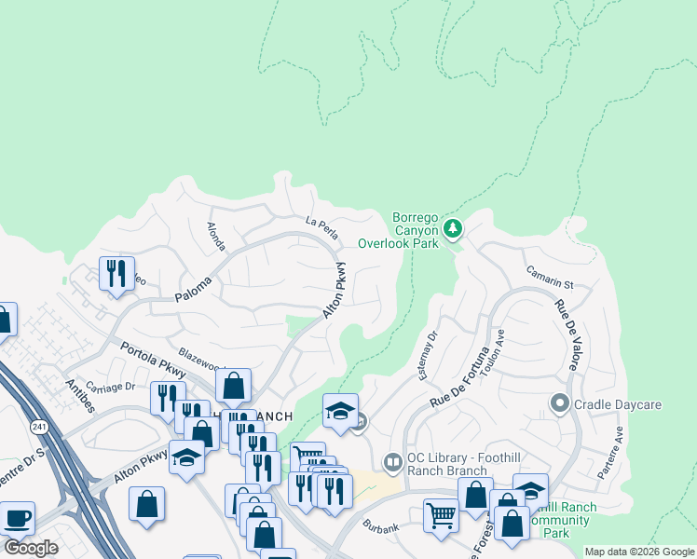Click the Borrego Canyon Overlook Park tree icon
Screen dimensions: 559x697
[452, 228]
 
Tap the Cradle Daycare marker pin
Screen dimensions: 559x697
[559, 403]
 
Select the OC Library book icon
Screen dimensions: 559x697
[393, 462]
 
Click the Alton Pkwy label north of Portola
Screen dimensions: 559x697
[335, 291]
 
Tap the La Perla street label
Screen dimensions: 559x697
[321, 224]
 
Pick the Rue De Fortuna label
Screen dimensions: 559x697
[459, 376]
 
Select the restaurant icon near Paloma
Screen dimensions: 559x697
[116, 273]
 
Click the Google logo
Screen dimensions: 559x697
[31, 548]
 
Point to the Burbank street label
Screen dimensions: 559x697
[380, 527]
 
